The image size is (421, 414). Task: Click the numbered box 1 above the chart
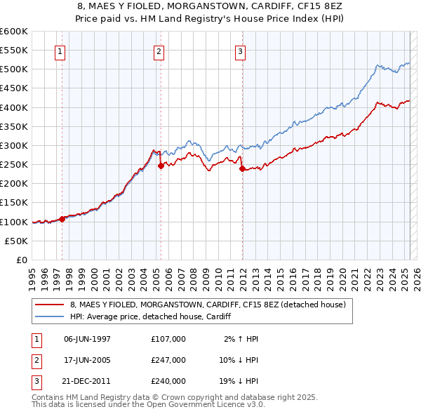60,51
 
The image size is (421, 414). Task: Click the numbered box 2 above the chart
159,51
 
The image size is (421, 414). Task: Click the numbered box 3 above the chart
240,51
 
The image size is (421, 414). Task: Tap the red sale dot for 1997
62,219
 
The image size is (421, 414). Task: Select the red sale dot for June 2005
161,166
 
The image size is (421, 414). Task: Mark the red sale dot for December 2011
242,168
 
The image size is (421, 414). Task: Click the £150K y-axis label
14,203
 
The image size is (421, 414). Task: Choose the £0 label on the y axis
20,260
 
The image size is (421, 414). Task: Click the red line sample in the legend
50,305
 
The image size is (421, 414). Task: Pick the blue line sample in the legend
50,317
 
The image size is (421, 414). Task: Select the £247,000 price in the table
168,360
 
